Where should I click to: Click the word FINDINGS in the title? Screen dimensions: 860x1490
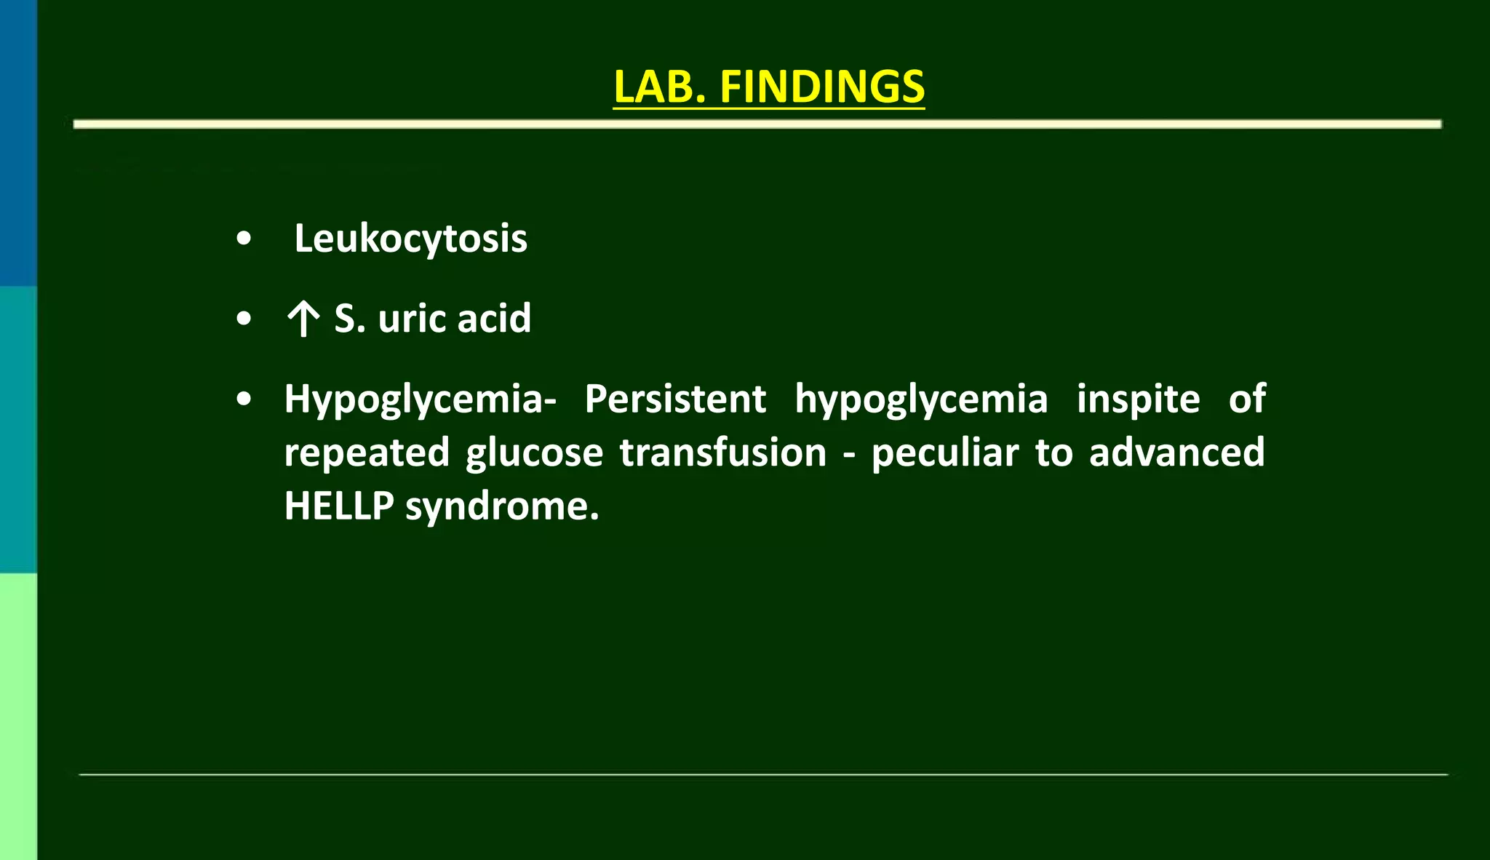(x=822, y=87)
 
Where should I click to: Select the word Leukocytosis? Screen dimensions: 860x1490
(x=410, y=239)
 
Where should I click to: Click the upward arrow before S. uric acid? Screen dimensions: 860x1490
(x=303, y=319)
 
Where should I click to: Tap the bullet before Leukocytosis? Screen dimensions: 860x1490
(x=244, y=239)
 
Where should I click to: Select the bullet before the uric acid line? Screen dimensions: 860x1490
(x=244, y=319)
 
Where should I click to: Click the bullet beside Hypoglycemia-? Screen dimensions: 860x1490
(x=244, y=399)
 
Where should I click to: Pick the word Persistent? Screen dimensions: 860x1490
(x=675, y=399)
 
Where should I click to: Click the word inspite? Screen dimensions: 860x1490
(x=1138, y=399)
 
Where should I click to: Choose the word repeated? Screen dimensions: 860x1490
(x=367, y=453)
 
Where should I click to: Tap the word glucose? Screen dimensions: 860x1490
(x=535, y=453)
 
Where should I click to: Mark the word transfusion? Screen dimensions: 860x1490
(x=723, y=453)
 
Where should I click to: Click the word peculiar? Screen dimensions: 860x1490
(x=945, y=453)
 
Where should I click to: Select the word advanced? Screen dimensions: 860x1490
(x=1176, y=453)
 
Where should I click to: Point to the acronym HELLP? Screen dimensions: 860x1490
(x=339, y=506)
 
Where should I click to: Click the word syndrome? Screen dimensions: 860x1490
(x=502, y=507)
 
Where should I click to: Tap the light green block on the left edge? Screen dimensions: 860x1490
(x=18, y=716)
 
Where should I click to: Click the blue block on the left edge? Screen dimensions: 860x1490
(x=18, y=143)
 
